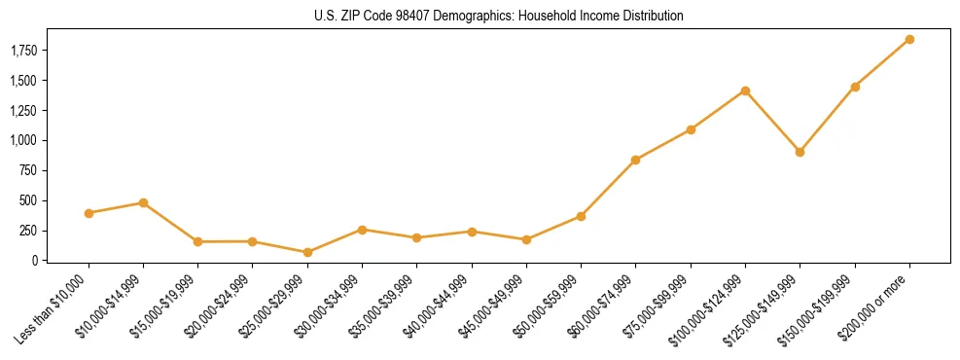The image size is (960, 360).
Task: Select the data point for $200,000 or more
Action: point(909,39)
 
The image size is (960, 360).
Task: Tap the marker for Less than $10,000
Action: point(89,213)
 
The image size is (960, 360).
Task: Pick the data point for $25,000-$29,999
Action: point(307,252)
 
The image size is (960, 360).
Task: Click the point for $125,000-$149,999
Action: point(800,152)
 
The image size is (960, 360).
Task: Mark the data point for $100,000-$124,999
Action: point(745,90)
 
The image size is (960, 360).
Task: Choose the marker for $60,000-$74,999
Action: point(635,160)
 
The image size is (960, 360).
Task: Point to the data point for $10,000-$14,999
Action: point(143,202)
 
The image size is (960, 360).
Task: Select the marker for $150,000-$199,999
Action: point(855,87)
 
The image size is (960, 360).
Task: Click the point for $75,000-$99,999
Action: point(691,129)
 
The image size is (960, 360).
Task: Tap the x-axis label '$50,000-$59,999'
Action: point(551,305)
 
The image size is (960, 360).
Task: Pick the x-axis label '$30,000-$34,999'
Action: point(332,305)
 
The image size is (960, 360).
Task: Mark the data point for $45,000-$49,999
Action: point(526,239)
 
